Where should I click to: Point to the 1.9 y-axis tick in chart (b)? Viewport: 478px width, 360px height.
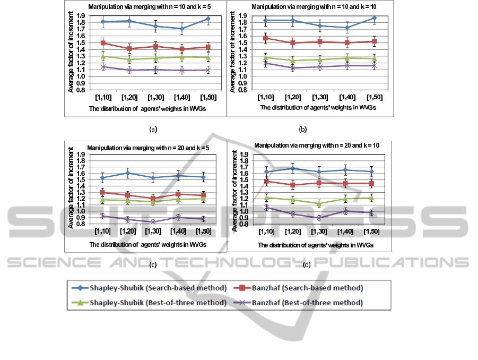[x=240, y=16]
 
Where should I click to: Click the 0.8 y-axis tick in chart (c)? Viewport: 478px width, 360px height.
[x=80, y=224]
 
